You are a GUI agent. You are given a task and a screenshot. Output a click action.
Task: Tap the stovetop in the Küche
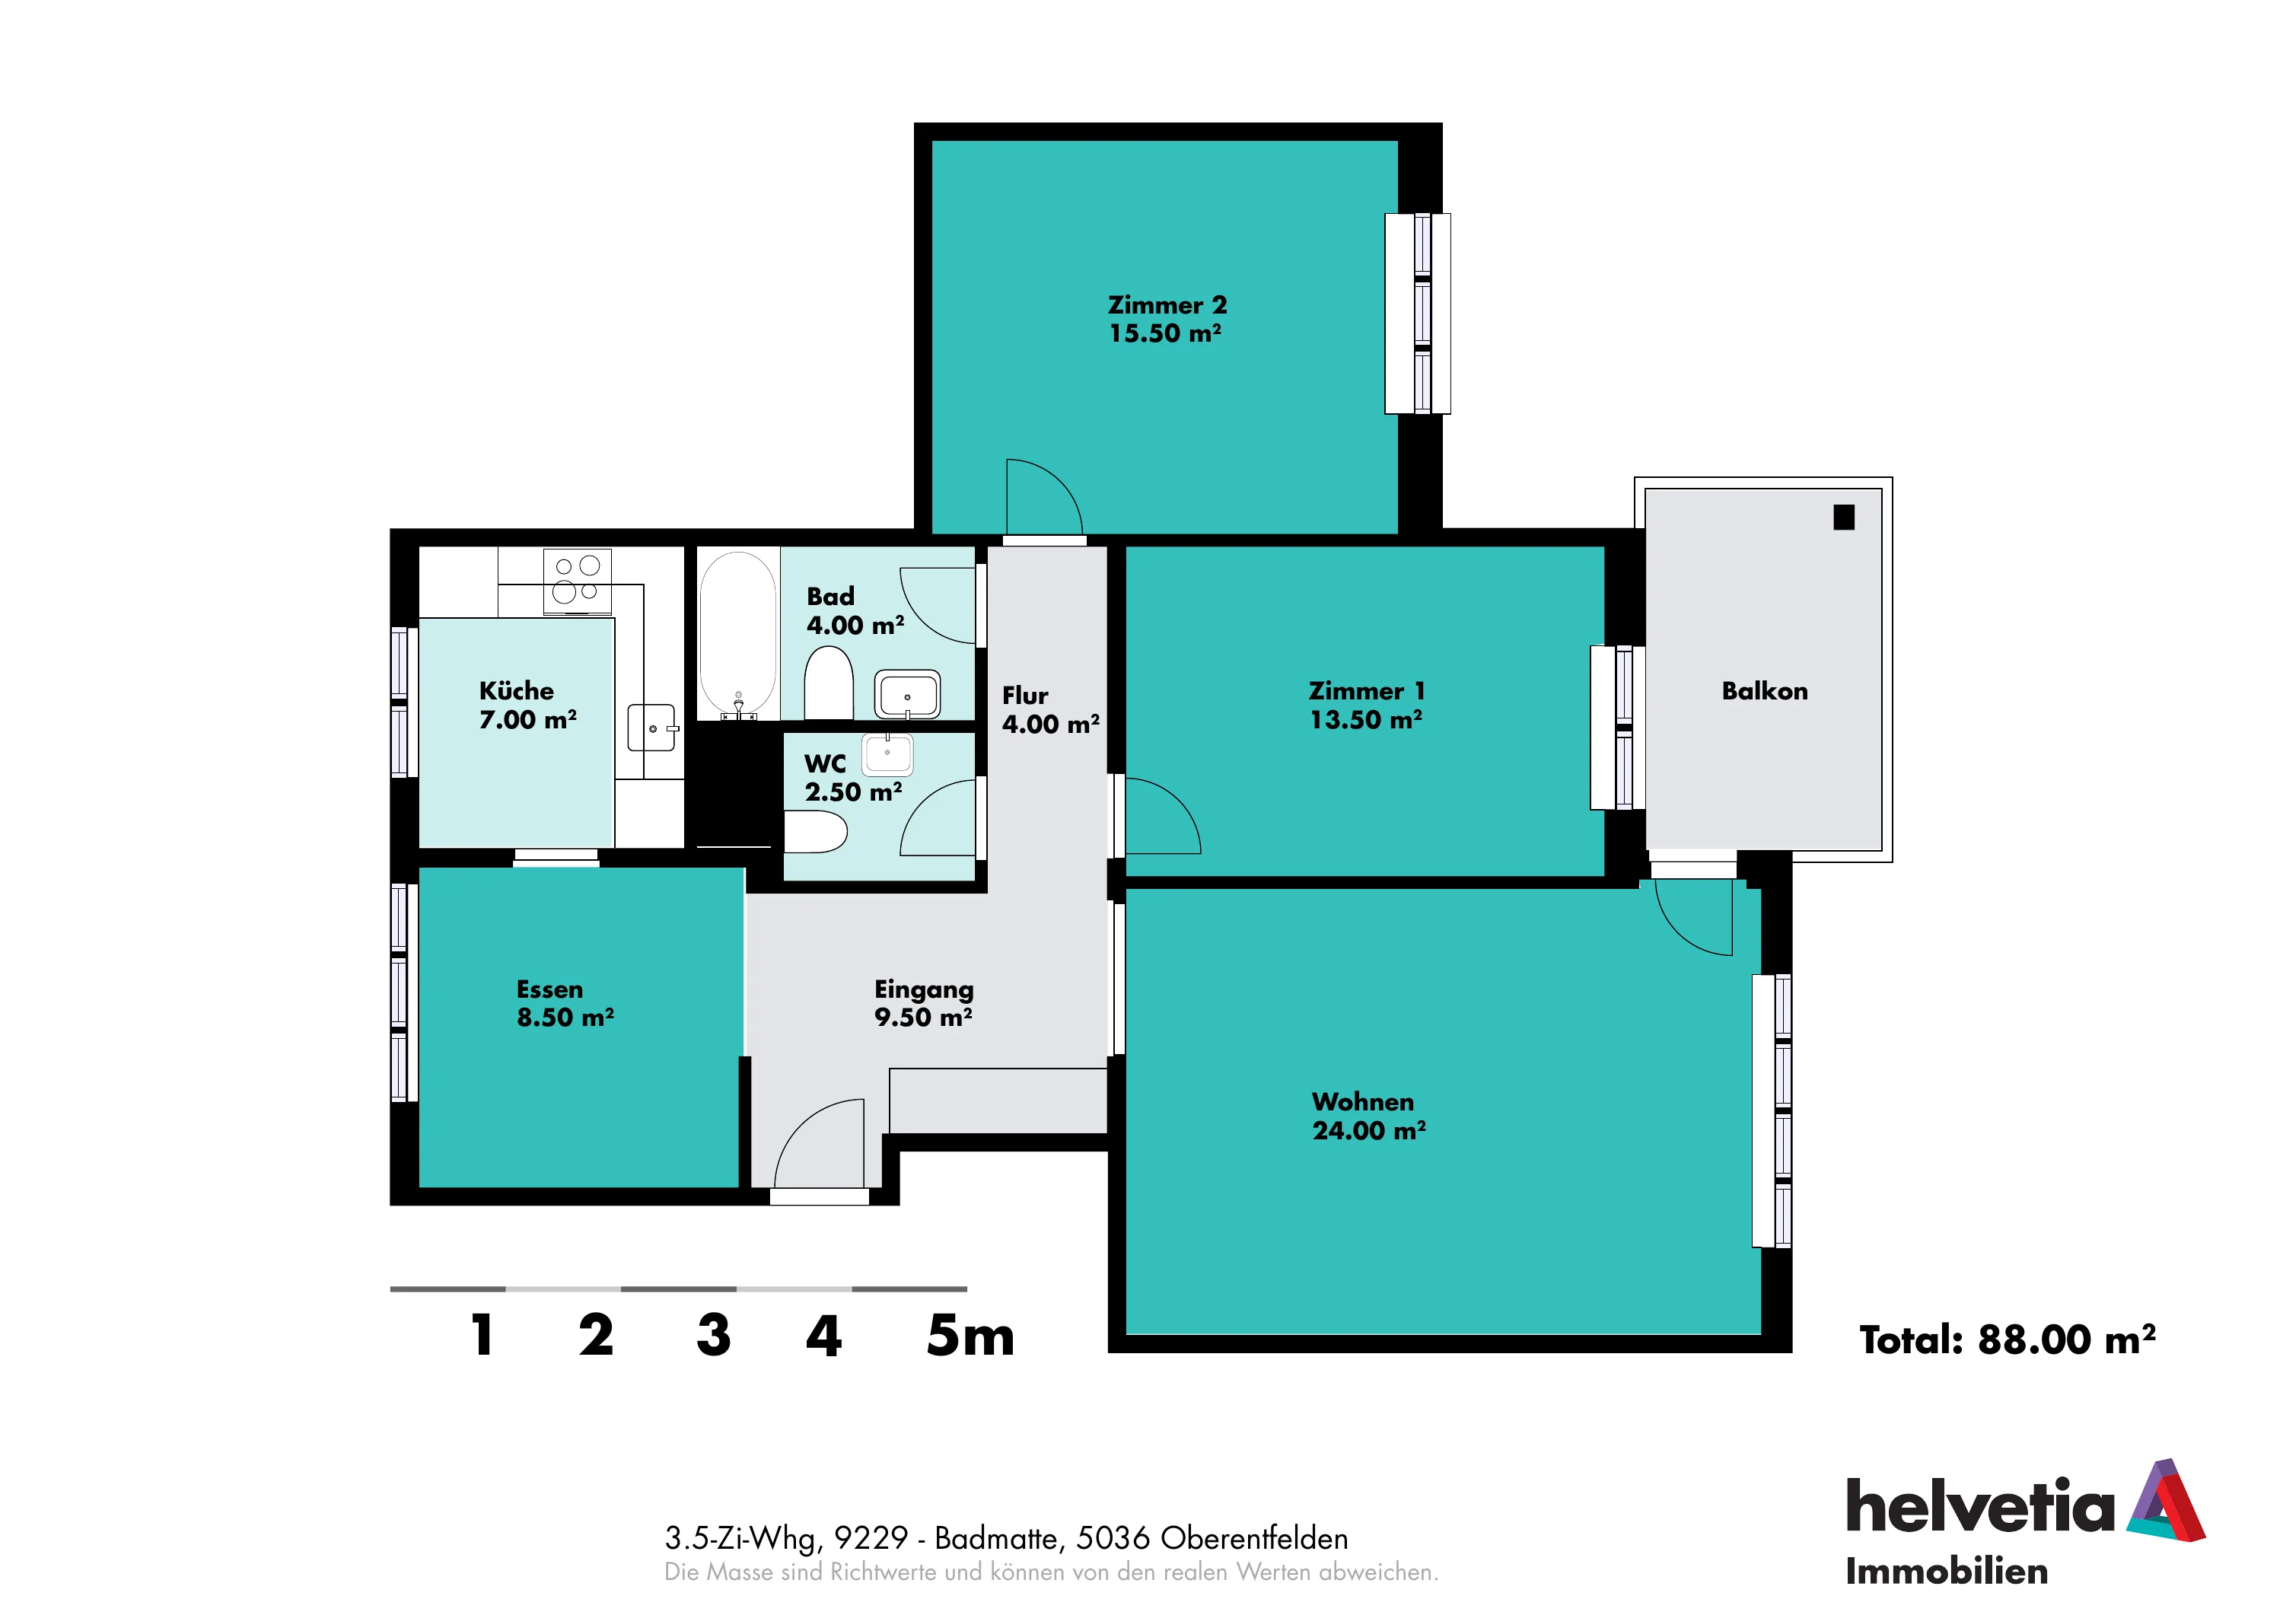pos(577,581)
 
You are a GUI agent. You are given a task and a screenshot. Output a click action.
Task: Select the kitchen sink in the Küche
pos(652,728)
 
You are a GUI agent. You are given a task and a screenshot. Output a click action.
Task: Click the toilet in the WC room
pos(815,831)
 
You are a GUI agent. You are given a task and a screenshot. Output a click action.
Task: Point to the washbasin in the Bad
pos(907,693)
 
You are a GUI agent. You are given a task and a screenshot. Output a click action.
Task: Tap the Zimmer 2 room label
pos(1167,304)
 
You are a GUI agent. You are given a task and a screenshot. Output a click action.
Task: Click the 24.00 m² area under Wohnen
pos(1369,1131)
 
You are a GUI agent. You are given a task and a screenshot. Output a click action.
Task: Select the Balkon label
pos(1765,691)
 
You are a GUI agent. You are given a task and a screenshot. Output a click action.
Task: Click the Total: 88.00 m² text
pos(2008,1339)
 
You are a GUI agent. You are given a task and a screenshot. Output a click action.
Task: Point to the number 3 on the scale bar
pos(714,1335)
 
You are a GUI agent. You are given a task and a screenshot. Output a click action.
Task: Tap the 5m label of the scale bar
pos(970,1336)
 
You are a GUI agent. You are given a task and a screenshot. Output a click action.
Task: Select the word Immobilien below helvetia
pos(1947,1572)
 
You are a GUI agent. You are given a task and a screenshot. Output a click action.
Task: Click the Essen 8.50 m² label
pos(565,1003)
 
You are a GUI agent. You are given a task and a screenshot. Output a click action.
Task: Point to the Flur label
pos(1025,695)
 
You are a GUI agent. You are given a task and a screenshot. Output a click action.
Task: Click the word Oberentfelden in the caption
pos(1254,1538)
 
